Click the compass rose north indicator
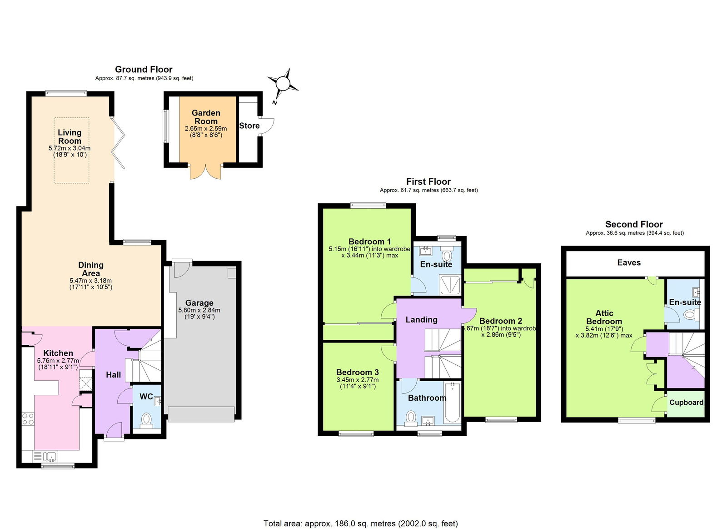coord(283,84)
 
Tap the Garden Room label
coord(206,117)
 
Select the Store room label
coord(249,126)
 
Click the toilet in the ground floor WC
coord(146,419)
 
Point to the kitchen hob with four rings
coord(28,419)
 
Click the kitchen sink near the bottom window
coord(50,456)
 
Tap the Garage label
coord(199,303)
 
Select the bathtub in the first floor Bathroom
coord(452,402)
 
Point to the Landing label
coord(421,320)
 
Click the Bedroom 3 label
coord(357,372)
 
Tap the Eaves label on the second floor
coord(629,262)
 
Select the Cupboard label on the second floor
coord(686,403)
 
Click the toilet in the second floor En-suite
coord(691,314)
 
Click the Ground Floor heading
coord(144,69)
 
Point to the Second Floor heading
coord(634,224)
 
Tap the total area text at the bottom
coord(361,524)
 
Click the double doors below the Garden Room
coord(205,172)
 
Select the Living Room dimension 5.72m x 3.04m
coord(70,148)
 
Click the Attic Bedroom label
coord(604,317)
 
